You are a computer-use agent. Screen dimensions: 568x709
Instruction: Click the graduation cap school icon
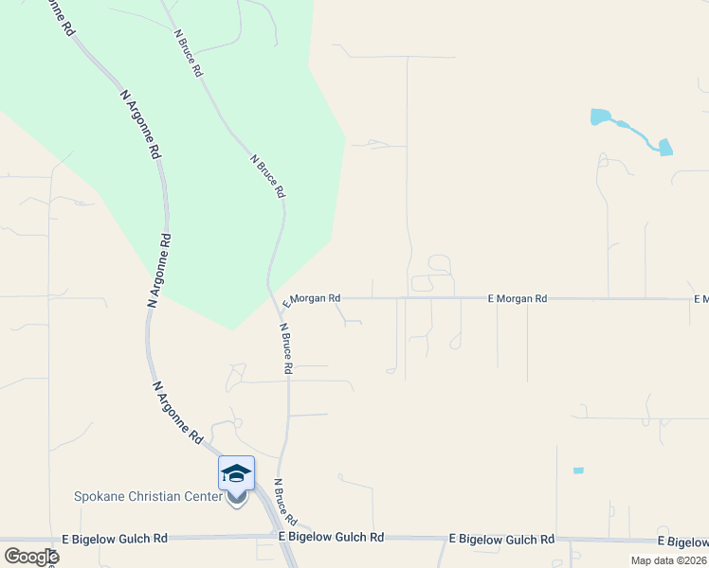click(236, 472)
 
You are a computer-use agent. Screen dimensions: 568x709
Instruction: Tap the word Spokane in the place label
click(100, 497)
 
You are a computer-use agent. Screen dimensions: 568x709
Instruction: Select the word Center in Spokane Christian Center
click(206, 497)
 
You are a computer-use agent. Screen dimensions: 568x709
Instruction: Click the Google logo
click(31, 557)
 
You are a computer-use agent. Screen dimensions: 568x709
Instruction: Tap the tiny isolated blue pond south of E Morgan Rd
click(578, 470)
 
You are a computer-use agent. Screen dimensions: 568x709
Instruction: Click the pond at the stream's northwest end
click(599, 117)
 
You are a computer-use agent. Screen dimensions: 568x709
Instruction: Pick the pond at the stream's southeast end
click(665, 147)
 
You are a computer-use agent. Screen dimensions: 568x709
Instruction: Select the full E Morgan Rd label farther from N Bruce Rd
click(518, 298)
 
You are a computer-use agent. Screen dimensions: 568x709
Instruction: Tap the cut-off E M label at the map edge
click(700, 299)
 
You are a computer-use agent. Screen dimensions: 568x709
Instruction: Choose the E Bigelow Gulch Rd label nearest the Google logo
click(115, 538)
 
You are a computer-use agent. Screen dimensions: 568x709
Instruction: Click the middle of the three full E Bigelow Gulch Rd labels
click(332, 537)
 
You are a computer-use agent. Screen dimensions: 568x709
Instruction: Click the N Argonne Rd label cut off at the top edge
click(54, 18)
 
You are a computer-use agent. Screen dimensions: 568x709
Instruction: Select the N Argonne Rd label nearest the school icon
click(178, 414)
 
